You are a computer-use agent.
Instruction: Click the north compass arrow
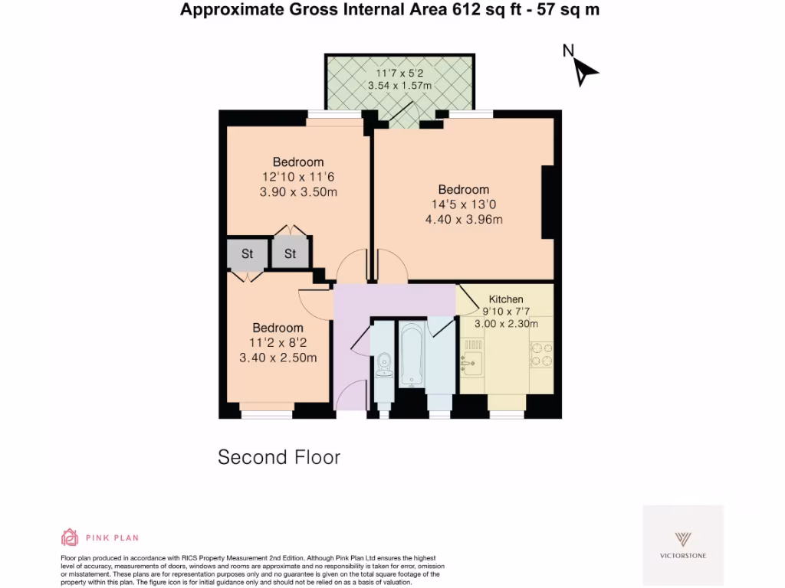click(586, 72)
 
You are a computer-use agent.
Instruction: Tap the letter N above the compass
click(568, 51)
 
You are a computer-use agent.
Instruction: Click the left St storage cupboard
click(248, 253)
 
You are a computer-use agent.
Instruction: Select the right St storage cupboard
click(290, 253)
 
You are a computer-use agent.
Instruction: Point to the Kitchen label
click(506, 299)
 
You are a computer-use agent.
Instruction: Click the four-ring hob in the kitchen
click(541, 354)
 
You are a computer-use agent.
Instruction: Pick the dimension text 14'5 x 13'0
click(463, 204)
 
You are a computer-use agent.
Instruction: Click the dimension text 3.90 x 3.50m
click(298, 191)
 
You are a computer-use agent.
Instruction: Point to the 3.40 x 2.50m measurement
click(278, 358)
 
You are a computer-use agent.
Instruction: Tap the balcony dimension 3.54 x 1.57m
click(399, 86)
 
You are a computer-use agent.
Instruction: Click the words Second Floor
click(279, 458)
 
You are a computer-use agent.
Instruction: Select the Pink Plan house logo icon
click(70, 537)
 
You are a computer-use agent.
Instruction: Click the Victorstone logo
click(682, 543)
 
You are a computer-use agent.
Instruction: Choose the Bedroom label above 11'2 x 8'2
click(278, 328)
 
